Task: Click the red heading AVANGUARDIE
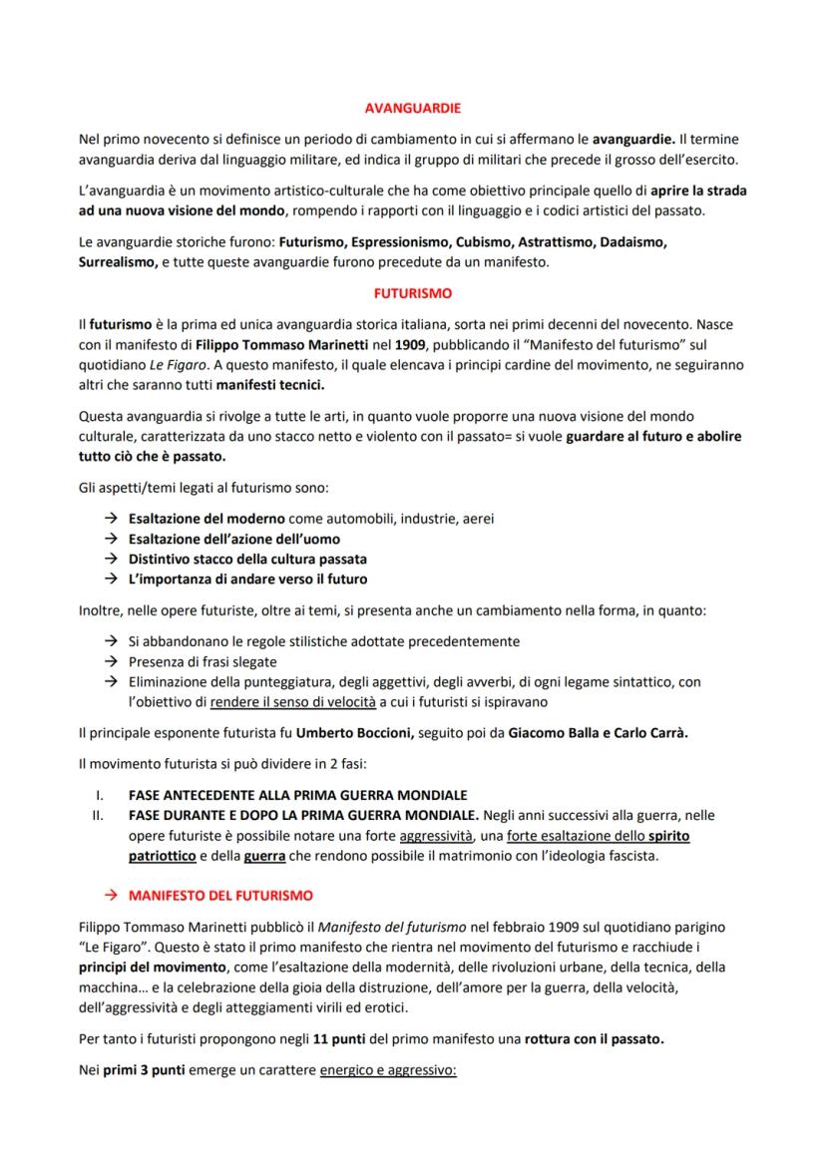pos(412,107)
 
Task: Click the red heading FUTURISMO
pos(412,294)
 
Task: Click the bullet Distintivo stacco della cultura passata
pos(247,559)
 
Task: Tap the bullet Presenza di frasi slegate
pos(203,661)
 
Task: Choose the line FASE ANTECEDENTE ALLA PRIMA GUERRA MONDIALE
pos(297,795)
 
